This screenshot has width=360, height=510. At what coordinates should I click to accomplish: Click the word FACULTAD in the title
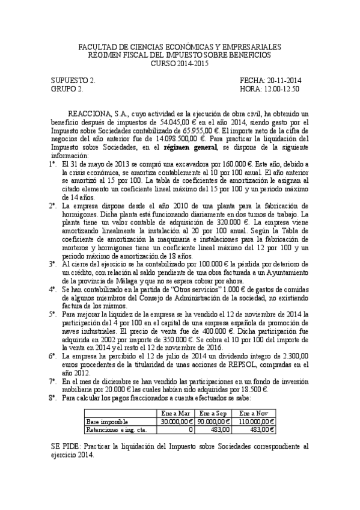95,47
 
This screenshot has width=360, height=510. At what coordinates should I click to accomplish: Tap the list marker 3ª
52,263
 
